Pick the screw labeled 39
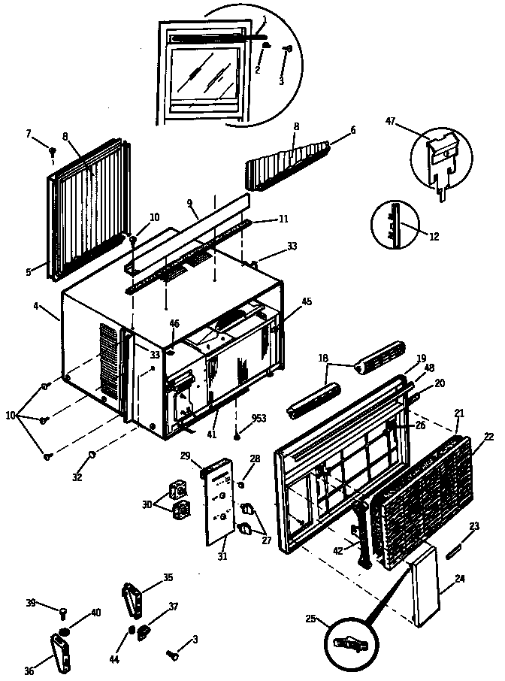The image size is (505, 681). pos(63,612)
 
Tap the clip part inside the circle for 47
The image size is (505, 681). pos(440,157)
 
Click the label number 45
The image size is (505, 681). pos(307,302)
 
